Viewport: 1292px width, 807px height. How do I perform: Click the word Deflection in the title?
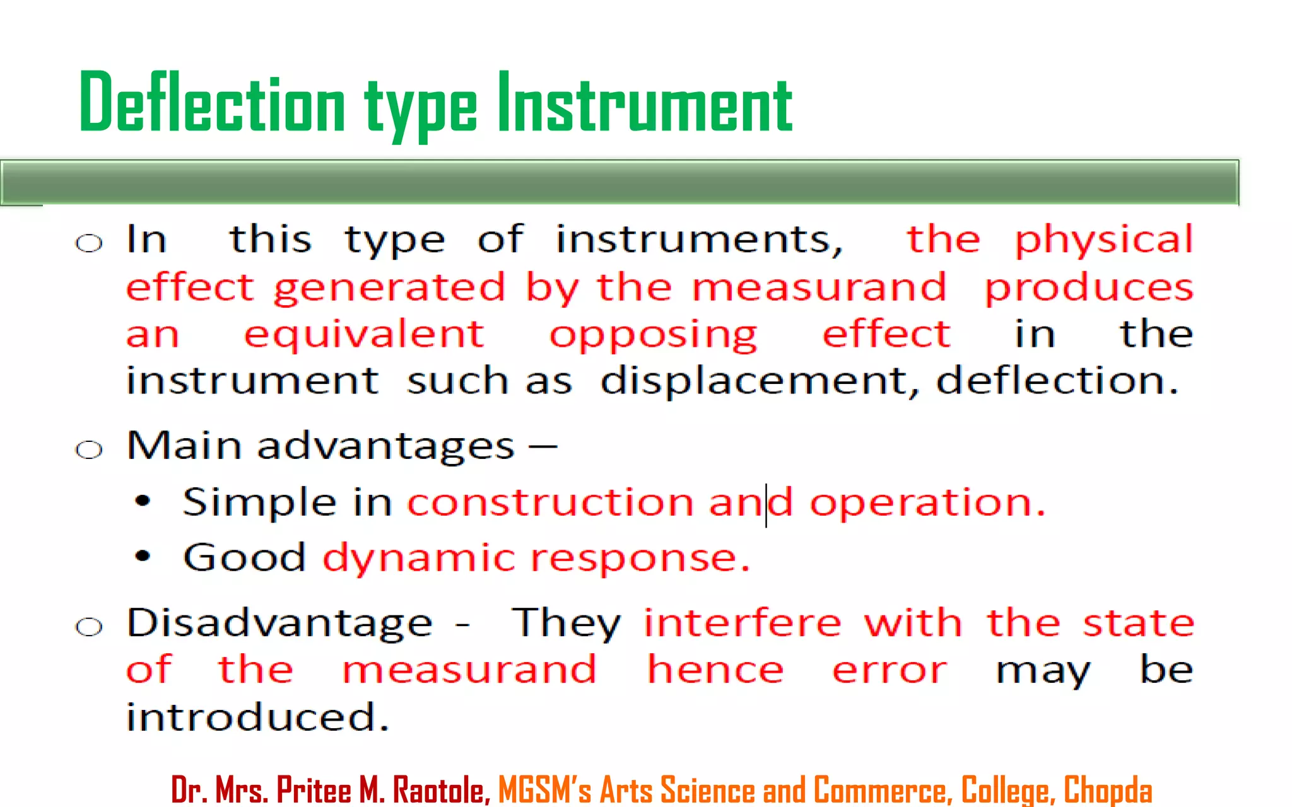pyautogui.click(x=212, y=103)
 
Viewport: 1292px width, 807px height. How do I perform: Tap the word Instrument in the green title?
pyautogui.click(x=645, y=103)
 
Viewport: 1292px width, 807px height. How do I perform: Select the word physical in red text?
pyautogui.click(x=1103, y=240)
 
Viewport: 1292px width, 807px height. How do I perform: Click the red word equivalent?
pyautogui.click(x=364, y=334)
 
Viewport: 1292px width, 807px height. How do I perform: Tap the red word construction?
pyautogui.click(x=550, y=502)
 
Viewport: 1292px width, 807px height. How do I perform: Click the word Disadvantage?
pyautogui.click(x=279, y=624)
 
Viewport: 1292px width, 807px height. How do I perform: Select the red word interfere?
pyautogui.click(x=743, y=623)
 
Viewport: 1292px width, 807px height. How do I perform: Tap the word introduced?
pyautogui.click(x=257, y=717)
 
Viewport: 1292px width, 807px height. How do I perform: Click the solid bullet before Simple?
pyautogui.click(x=143, y=501)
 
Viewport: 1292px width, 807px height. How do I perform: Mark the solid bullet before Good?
pyautogui.click(x=143, y=556)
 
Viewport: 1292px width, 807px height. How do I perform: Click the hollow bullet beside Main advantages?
pyautogui.click(x=89, y=450)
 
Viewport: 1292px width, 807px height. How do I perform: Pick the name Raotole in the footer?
pyautogui.click(x=441, y=789)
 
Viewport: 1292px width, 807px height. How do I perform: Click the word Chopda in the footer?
pyautogui.click(x=1108, y=789)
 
